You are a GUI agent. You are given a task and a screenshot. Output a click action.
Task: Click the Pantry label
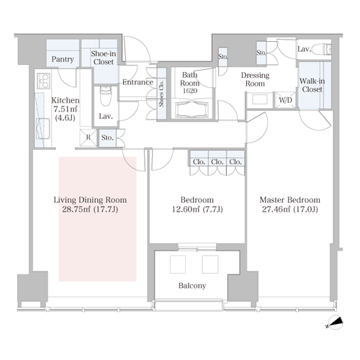pos(63,59)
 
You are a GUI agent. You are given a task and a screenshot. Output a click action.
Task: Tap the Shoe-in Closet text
pos(104,58)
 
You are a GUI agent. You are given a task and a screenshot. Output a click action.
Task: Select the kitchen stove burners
pos(43,81)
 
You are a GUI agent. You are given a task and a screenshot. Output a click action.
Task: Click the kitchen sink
pos(43,129)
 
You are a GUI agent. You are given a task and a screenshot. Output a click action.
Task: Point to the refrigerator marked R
pos(88,138)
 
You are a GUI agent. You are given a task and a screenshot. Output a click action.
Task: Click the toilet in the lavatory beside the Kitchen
pos(106,96)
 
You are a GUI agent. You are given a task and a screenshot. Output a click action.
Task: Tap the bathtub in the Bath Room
pos(191,109)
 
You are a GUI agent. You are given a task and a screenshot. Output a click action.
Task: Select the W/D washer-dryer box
pos(285,99)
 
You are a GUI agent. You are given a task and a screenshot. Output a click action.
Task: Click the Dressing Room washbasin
pos(260,99)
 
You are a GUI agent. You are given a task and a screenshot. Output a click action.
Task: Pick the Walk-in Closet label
pos(312,85)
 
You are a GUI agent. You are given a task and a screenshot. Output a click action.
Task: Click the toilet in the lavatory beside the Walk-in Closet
pos(327,50)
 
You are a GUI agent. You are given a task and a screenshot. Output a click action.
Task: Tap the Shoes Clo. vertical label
pos(161,94)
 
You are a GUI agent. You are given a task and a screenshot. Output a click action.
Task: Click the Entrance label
pos(138,82)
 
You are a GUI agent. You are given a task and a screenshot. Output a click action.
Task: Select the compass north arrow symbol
pos(335,323)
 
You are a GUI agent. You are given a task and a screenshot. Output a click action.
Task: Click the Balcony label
pos(192,286)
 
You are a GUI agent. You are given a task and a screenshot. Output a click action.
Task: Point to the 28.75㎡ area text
pos(76,210)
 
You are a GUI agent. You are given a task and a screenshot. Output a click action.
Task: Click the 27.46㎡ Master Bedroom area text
pos(276,210)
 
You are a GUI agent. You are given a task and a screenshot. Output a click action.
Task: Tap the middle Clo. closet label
pos(217,162)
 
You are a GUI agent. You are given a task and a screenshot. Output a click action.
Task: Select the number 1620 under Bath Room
pos(190,91)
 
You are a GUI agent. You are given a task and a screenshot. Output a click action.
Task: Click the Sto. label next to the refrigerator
pos(107,138)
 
